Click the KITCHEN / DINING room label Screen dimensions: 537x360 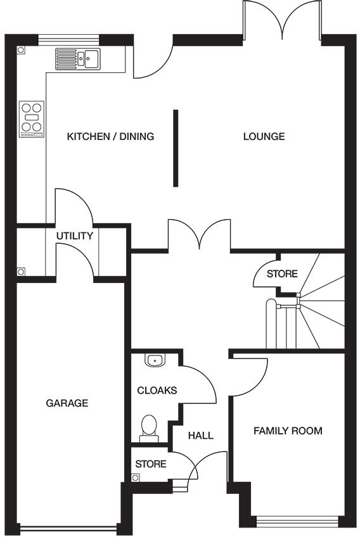111,136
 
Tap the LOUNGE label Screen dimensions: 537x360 264,136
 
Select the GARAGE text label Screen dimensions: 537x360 67,403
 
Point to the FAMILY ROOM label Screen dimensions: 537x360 288,431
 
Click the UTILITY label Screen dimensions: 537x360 74,236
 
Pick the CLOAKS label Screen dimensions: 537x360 157,390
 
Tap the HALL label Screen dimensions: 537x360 201,436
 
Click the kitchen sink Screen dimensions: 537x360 79,59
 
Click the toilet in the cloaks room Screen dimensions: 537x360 150,426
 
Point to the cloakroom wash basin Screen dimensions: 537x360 154,360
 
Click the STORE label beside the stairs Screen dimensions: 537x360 281,274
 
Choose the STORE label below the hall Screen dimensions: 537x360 151,464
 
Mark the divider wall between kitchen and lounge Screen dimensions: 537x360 176,148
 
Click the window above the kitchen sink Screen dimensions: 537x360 69,40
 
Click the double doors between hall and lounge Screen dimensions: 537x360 199,234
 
